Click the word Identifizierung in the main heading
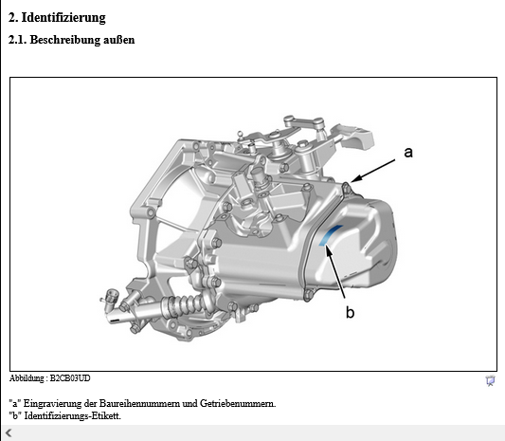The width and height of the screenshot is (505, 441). pos(63,18)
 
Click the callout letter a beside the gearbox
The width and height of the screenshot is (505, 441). pos(408,152)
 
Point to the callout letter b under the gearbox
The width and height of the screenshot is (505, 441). pos(350,312)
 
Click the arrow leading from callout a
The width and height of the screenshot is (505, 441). pos(373,171)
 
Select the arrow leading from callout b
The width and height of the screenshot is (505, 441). pos(335,271)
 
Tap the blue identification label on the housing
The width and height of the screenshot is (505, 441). pos(329,234)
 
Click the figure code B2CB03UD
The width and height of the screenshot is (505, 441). pos(70,378)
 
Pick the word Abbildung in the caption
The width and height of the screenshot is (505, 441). pos(27,378)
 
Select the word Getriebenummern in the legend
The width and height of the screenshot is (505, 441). pos(238,403)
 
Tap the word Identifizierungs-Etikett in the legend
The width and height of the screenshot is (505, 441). pos(72,415)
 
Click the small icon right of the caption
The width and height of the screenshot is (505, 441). pos(490,380)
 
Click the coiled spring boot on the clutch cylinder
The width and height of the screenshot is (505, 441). pos(183,305)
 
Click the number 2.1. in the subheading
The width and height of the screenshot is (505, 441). pos(18,40)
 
